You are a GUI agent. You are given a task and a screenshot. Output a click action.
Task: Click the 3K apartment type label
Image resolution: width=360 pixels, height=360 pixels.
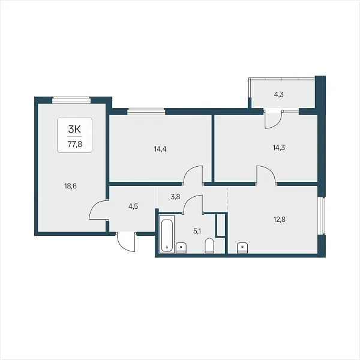[x=74, y=130]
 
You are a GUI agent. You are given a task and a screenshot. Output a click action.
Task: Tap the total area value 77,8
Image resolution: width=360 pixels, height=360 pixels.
[x=75, y=145]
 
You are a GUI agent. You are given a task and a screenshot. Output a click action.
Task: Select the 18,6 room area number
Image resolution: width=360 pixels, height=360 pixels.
[x=70, y=186]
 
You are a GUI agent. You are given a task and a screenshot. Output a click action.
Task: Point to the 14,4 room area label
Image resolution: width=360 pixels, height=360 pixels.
[x=160, y=149]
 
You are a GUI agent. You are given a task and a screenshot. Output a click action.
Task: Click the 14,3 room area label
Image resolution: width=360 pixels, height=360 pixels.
[x=279, y=148]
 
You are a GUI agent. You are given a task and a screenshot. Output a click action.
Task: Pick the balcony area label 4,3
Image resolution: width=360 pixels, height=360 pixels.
[x=279, y=94]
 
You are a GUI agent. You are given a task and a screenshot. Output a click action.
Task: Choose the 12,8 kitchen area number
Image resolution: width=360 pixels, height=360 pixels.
[x=280, y=220]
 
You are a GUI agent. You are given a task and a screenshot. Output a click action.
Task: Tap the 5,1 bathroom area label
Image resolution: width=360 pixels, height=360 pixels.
[x=197, y=232]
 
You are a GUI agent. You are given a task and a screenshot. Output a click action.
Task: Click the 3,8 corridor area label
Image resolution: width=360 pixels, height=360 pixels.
[x=176, y=197]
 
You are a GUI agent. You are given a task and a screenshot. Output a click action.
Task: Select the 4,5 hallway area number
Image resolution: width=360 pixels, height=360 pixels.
[x=133, y=206]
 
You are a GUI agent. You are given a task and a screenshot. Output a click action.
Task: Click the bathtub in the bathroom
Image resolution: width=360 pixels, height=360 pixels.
[x=167, y=234]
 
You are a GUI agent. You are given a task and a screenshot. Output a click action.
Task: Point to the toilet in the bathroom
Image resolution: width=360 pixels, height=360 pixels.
[x=209, y=245]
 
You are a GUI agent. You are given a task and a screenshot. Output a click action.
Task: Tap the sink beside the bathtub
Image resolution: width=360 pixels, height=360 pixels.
[x=181, y=248]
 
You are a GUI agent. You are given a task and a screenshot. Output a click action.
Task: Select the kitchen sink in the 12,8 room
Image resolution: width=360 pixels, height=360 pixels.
[x=242, y=248]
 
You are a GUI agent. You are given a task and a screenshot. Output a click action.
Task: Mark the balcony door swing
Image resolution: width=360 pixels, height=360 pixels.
[x=273, y=119]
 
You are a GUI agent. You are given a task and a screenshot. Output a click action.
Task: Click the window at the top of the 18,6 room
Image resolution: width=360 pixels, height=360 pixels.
[x=71, y=100]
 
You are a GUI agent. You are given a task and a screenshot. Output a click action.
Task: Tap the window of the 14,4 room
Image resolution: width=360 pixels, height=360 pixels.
[x=146, y=112]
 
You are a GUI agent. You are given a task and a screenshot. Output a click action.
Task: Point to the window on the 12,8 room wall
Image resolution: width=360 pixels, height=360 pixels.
[x=322, y=216]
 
